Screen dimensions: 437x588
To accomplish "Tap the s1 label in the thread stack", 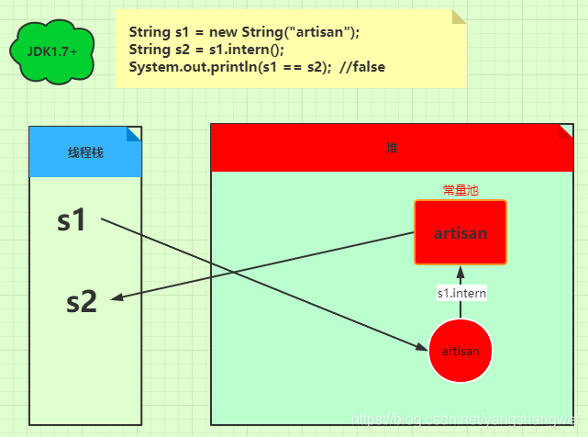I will [72, 220].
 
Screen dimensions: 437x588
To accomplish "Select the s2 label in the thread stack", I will [82, 302].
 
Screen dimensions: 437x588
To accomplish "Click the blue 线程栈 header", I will [85, 151].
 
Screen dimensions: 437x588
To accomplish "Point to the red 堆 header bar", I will [392, 148].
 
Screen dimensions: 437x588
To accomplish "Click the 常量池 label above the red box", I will [460, 190].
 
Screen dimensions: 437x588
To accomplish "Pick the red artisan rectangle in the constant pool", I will [460, 233].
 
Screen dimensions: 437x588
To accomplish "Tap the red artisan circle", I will [460, 352].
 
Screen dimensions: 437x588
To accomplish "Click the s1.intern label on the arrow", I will [461, 294].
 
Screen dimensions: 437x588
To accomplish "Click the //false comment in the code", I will [362, 67].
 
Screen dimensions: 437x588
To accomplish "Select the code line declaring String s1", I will [244, 32].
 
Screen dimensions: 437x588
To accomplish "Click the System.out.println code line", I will [229, 67].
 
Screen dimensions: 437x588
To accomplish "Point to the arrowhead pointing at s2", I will [116, 297].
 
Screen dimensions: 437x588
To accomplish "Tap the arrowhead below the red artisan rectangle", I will [461, 270].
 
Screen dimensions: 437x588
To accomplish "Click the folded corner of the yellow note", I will [459, 17].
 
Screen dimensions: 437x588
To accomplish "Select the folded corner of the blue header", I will [134, 134].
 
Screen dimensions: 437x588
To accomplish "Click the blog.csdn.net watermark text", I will [468, 420].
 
